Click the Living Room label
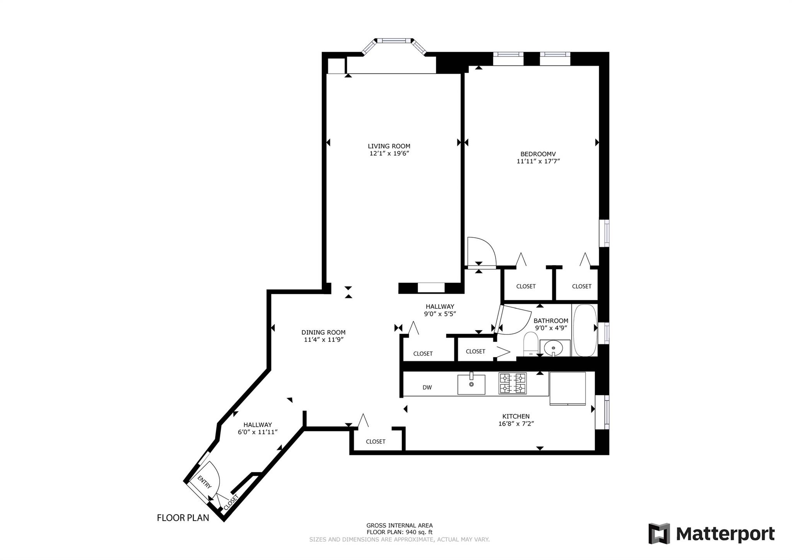[389, 146]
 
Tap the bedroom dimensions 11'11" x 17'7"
[538, 161]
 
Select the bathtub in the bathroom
[585, 330]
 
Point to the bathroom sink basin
[554, 348]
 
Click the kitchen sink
[471, 384]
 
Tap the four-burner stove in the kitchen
[512, 383]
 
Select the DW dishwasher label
[427, 387]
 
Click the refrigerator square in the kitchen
[567, 388]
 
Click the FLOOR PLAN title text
[183, 518]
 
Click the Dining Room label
[323, 332]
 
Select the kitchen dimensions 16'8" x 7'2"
[516, 424]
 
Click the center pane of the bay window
[394, 41]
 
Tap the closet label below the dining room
[376, 442]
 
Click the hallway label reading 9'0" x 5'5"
[440, 314]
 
